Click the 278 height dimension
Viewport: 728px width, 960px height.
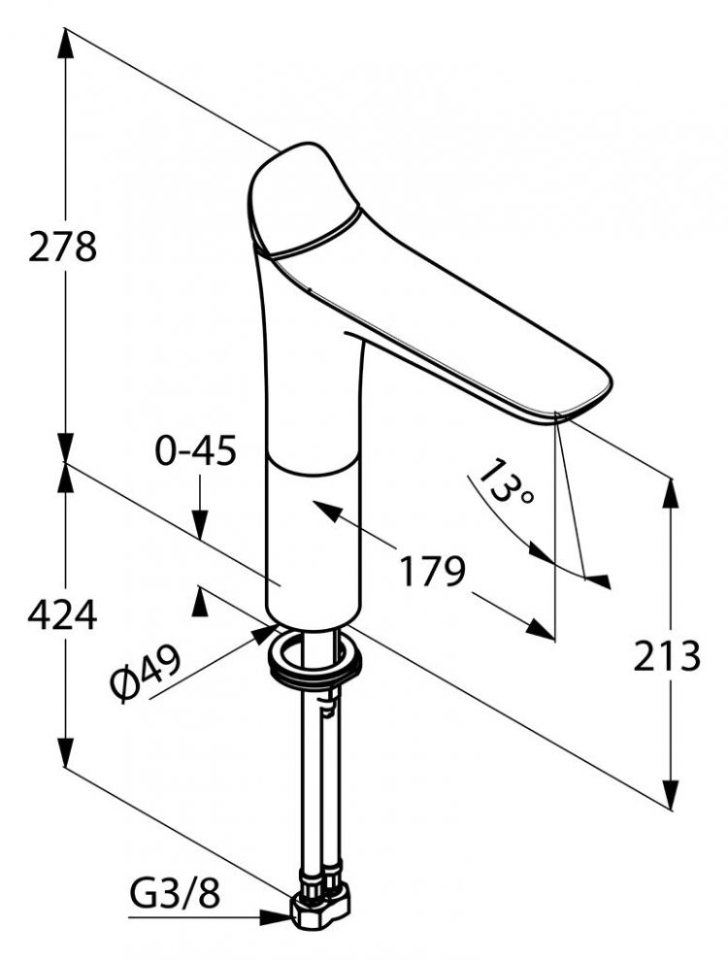pyautogui.click(x=62, y=247)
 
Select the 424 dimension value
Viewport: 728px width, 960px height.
pyautogui.click(x=62, y=614)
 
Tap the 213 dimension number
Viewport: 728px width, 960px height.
pyautogui.click(x=666, y=655)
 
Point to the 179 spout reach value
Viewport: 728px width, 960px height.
pyautogui.click(x=433, y=571)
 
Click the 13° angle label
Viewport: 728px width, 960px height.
pyautogui.click(x=505, y=481)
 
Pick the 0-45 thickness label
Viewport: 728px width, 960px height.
pyautogui.click(x=195, y=451)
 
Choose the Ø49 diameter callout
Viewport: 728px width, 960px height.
pyautogui.click(x=146, y=673)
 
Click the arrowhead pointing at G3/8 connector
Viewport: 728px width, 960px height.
pyautogui.click(x=276, y=917)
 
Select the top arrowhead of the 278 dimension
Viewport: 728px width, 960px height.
pyautogui.click(x=65, y=42)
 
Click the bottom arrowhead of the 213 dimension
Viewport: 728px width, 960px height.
pyautogui.click(x=672, y=794)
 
